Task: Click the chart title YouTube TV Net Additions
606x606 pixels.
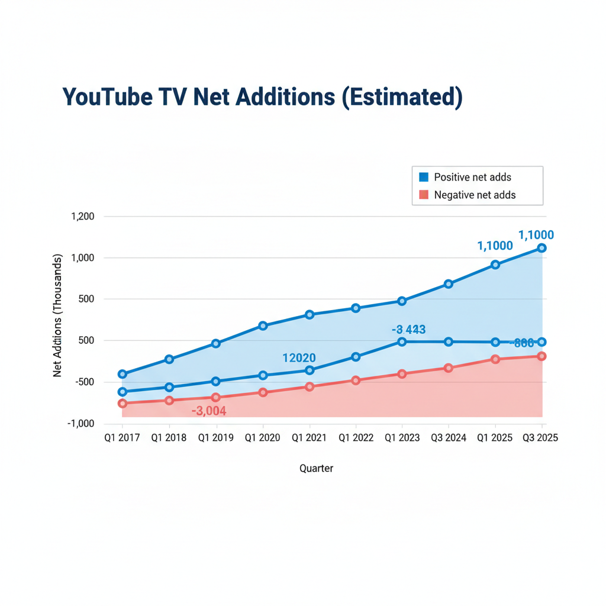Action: (262, 98)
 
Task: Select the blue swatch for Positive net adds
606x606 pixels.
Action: (423, 177)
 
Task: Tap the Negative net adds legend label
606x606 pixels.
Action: (475, 195)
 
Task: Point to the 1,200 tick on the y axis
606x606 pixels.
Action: (83, 217)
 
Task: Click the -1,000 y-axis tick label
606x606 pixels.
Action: (82, 424)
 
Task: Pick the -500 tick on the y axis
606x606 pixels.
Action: (85, 382)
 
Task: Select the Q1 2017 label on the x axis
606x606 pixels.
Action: (122, 438)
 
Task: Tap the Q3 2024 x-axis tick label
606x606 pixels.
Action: (449, 438)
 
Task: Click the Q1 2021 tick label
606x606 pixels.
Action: (309, 438)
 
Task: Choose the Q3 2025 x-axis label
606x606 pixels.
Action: (540, 438)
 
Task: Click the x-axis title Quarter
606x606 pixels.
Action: (316, 469)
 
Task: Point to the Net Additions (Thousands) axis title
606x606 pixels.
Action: (58, 316)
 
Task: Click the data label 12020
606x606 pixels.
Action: (299, 358)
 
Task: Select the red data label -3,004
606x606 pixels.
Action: (209, 411)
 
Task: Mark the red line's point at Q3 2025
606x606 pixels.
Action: (541, 356)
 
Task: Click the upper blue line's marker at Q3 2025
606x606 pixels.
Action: (541, 248)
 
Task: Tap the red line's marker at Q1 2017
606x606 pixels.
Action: (123, 404)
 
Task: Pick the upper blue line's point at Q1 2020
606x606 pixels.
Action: (263, 326)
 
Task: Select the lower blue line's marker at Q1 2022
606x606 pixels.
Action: (356, 357)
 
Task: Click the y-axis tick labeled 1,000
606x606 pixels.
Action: (83, 258)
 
